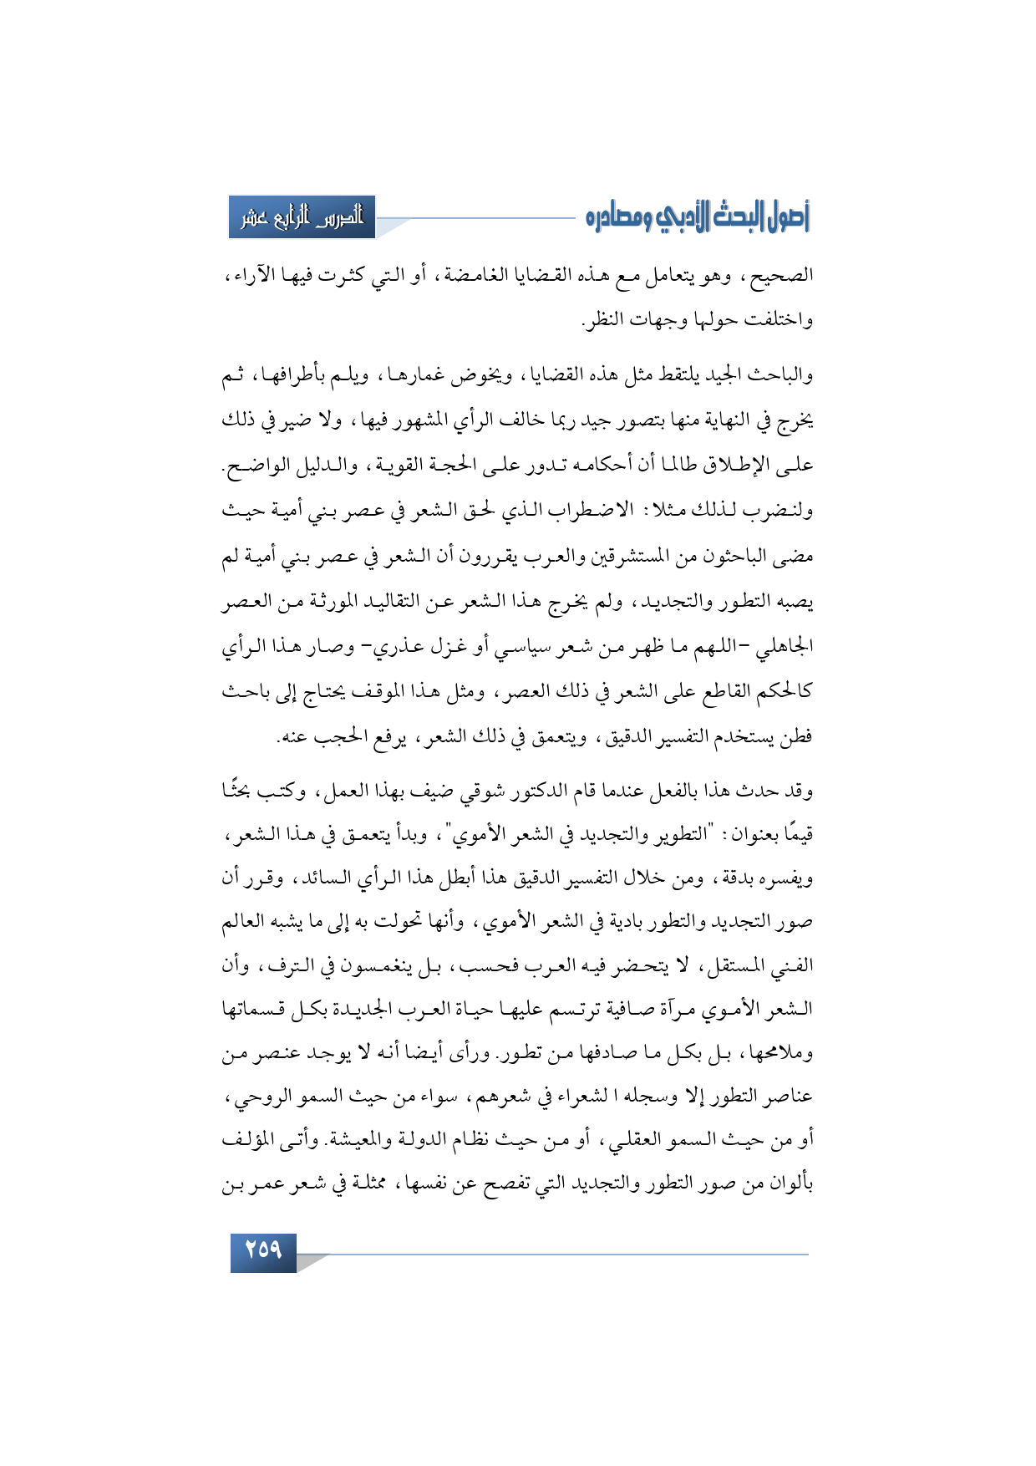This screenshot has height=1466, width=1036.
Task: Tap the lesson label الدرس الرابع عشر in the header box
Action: [x=302, y=217]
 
